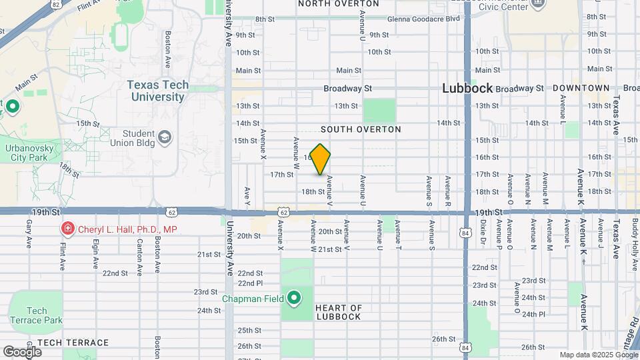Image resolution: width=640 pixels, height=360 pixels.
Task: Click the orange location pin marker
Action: click(321, 159)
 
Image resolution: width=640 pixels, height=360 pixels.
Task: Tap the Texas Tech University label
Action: click(157, 91)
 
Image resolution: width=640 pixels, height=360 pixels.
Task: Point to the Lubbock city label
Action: click(467, 88)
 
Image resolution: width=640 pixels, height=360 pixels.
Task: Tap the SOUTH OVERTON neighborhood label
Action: click(361, 129)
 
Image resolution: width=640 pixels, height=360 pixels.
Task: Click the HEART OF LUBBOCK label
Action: click(339, 312)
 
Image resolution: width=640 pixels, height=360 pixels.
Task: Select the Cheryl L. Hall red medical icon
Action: click(67, 229)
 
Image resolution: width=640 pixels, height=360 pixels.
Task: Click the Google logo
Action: click(22, 351)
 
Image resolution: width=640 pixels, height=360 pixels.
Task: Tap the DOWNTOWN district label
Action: click(581, 88)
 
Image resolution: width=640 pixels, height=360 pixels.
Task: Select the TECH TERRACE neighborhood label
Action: click(73, 343)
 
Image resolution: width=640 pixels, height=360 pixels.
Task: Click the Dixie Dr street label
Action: click(482, 239)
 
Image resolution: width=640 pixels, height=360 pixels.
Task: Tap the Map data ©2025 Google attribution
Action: click(598, 355)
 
